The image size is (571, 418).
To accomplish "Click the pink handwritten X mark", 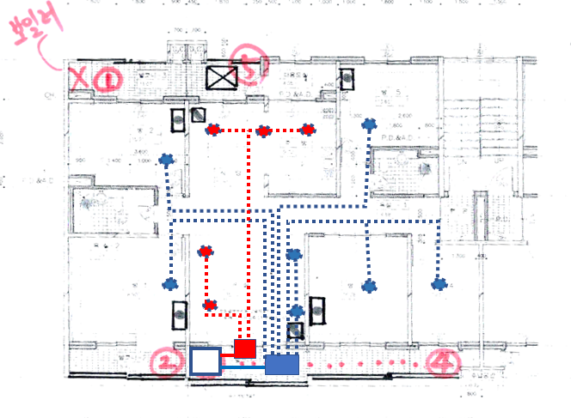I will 79,80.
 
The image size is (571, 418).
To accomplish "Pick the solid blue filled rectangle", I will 281,364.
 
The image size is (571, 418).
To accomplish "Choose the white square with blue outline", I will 205,362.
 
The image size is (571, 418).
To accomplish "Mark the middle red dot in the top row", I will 263,131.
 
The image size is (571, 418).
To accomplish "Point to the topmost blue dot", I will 370,124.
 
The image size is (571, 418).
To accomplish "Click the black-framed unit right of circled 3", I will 347,78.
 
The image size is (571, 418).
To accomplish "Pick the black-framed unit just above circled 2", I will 179,316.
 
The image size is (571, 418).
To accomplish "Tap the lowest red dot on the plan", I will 209,304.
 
